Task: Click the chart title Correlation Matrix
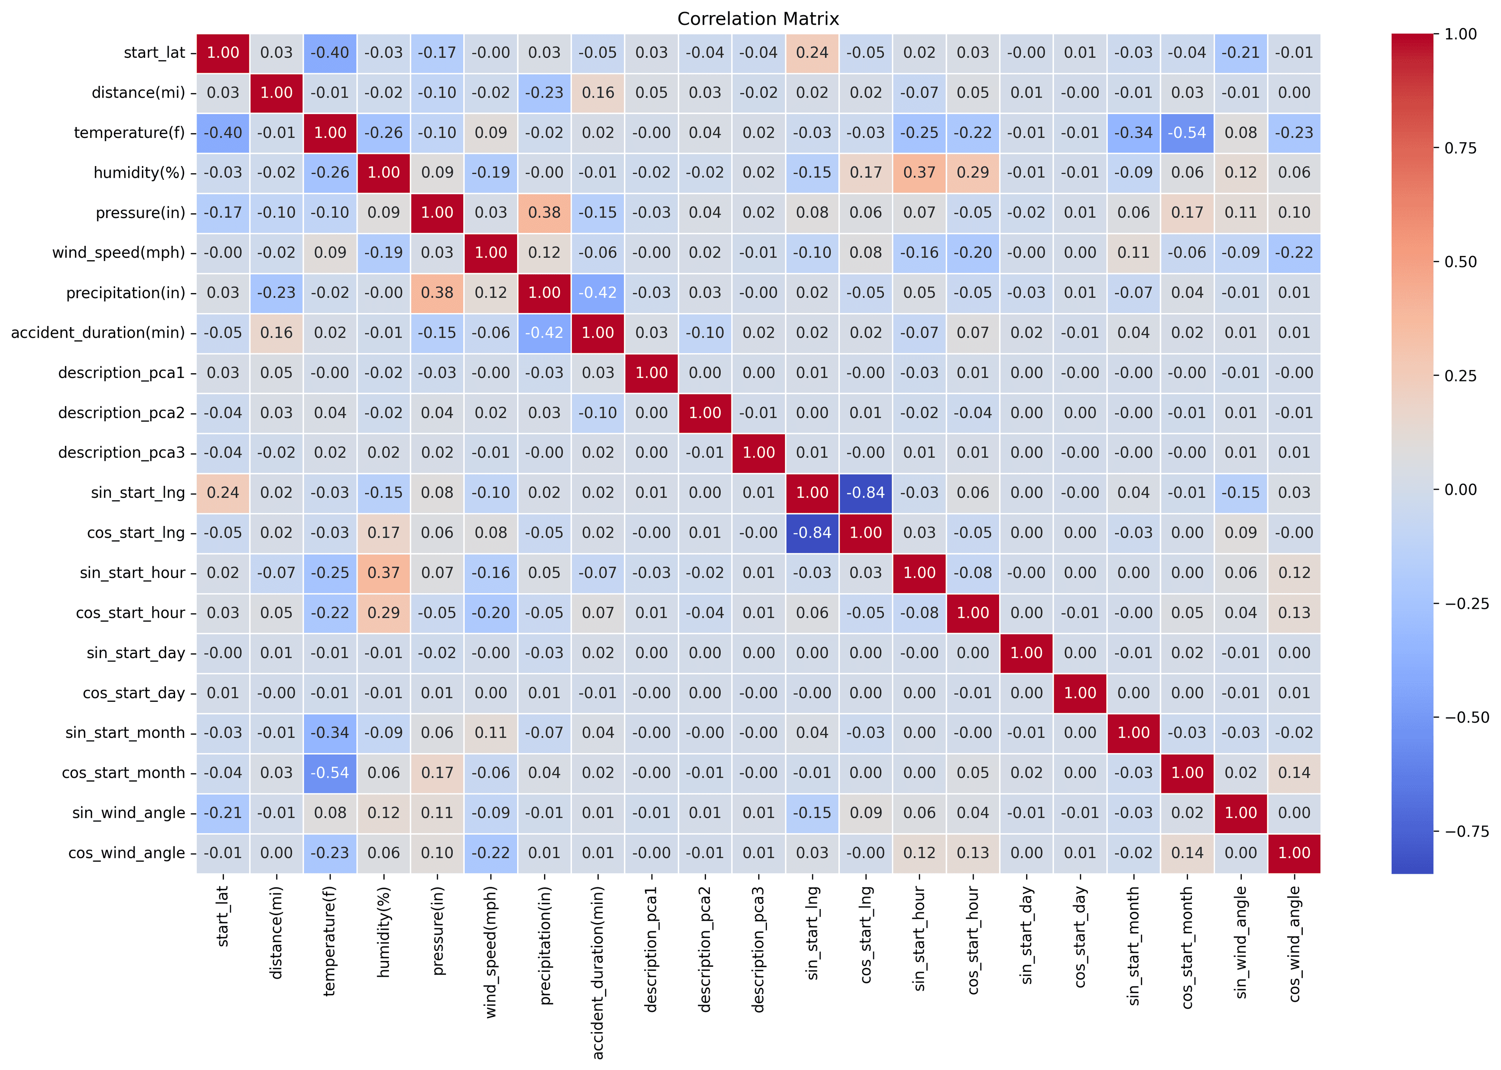pyautogui.click(x=758, y=19)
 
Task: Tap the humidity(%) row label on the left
pyautogui.click(x=139, y=173)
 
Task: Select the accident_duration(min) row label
pyautogui.click(x=98, y=333)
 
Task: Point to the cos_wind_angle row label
pyautogui.click(x=127, y=853)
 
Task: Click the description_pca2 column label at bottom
pyautogui.click(x=705, y=949)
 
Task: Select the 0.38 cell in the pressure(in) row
pyautogui.click(x=544, y=213)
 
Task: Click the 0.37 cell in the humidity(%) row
pyautogui.click(x=919, y=173)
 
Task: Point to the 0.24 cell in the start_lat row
pyautogui.click(x=812, y=53)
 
